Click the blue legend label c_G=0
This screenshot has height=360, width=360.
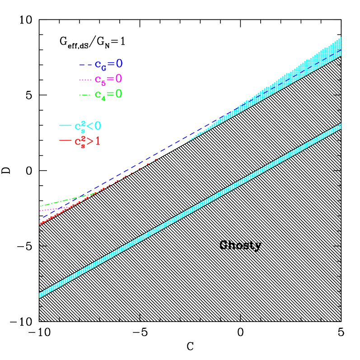(108, 64)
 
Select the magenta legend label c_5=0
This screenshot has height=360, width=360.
(108, 79)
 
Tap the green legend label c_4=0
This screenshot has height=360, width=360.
(108, 94)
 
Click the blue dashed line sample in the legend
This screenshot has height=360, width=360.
(85, 65)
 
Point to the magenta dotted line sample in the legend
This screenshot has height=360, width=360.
(85, 80)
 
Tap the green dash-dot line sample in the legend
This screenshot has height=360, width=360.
(85, 95)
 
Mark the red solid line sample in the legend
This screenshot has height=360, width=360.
(65, 141)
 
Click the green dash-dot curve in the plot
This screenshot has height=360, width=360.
(59, 202)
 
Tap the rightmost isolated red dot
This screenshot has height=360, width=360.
(156, 160)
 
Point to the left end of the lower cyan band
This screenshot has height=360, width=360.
(41, 295)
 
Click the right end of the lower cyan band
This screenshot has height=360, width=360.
(339, 126)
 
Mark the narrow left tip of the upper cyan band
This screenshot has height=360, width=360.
(188, 141)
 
